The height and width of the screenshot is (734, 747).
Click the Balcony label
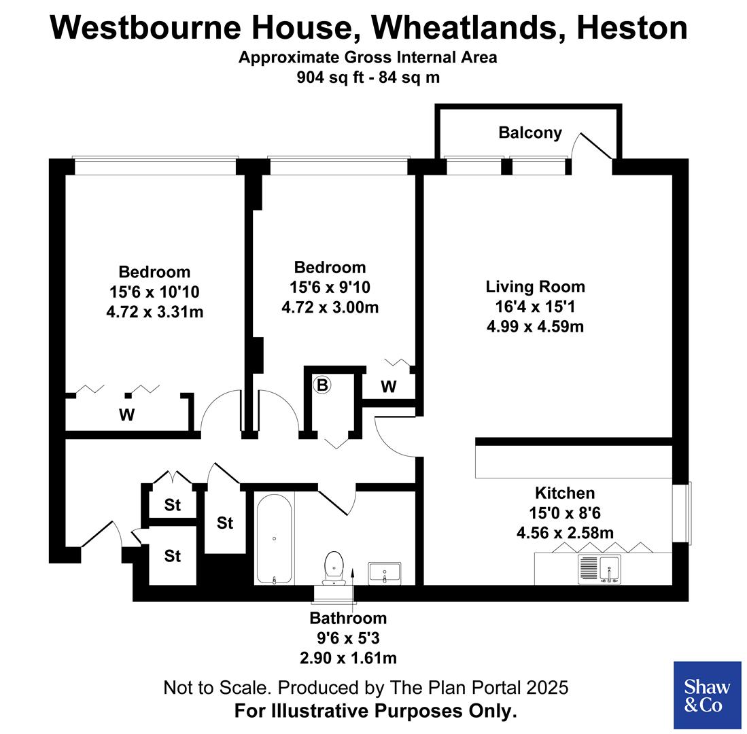(530, 133)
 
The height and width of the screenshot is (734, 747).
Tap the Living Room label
(535, 287)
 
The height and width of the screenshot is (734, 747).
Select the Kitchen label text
(565, 493)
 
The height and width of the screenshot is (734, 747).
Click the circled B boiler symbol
(322, 385)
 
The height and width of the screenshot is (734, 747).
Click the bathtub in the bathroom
(274, 539)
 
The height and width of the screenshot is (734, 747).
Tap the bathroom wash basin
(385, 572)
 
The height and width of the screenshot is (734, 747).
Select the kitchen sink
(600, 569)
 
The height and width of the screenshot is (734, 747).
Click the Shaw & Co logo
(707, 695)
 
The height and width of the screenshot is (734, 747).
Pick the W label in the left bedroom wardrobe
(126, 415)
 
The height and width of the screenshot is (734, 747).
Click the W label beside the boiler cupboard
(388, 387)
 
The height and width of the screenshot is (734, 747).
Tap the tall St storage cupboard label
(225, 523)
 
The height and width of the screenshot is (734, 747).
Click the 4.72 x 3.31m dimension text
(155, 312)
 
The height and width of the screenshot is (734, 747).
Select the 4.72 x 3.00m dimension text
(330, 307)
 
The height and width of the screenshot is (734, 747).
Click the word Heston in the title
(631, 28)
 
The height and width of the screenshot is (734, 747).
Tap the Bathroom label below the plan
(348, 618)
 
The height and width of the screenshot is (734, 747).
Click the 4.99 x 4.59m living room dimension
(535, 326)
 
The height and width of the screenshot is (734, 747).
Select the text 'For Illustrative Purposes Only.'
(376, 712)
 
